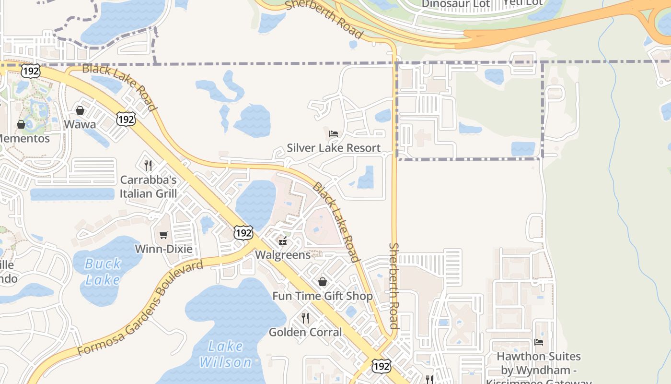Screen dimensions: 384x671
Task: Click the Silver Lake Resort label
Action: [x=334, y=148]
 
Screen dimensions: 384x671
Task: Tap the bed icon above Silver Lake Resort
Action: [x=334, y=133]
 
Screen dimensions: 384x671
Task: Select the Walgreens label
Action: [x=283, y=254]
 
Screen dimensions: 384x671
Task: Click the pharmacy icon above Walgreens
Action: [x=283, y=240]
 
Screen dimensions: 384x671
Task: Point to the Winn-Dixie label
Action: [x=163, y=249]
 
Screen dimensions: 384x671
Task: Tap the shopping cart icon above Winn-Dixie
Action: [x=164, y=235]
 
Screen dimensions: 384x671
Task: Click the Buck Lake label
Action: [x=103, y=272]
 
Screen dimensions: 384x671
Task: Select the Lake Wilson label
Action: [x=225, y=354]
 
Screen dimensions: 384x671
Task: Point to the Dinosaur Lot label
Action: [x=456, y=4]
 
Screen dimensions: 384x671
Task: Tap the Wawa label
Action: [x=80, y=124]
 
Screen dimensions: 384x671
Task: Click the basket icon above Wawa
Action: [x=80, y=110]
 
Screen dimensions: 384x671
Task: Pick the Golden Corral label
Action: [x=305, y=332]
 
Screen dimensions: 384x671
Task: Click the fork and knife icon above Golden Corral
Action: [x=305, y=318]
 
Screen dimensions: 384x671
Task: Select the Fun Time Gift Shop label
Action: [x=323, y=296]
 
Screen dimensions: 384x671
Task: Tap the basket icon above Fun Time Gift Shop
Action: [x=323, y=282]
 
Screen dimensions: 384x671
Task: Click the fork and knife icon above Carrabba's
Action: [x=148, y=166]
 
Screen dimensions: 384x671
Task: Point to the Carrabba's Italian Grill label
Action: [x=148, y=187]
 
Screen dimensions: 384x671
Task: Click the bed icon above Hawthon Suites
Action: [x=539, y=342]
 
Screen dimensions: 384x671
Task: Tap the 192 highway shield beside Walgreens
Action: [x=243, y=233]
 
